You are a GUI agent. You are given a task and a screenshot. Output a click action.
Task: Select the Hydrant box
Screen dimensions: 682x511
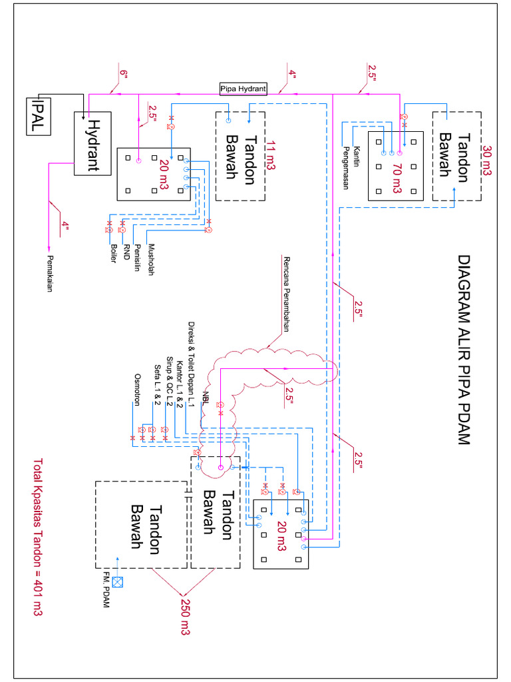pos(92,143)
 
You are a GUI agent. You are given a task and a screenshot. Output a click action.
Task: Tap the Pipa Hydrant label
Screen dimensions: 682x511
pos(244,89)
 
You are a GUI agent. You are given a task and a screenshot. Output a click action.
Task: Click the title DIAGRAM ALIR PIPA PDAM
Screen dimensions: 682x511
pos(464,350)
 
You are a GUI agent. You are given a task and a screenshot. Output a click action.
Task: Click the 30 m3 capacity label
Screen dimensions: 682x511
pos(486,161)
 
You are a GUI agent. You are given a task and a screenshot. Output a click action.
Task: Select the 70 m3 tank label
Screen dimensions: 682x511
pos(397,177)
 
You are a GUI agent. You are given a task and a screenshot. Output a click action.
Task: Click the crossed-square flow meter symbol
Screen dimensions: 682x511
pos(118,581)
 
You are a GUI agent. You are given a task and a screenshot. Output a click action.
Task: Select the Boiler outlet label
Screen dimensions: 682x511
pos(113,254)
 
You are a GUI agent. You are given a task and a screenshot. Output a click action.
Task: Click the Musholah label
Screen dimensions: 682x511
pos(152,258)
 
